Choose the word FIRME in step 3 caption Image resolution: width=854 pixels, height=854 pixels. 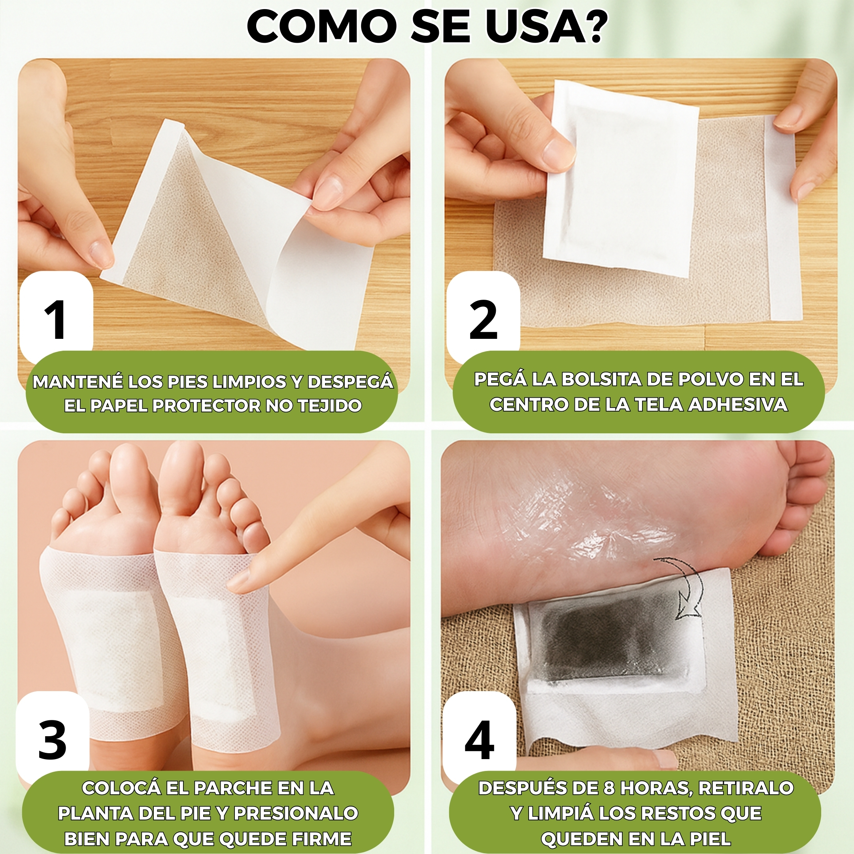point(322,838)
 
